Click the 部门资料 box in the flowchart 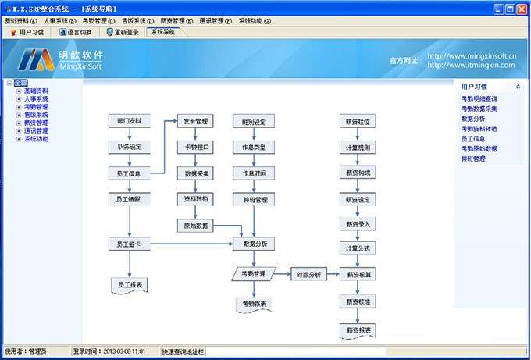(129, 122)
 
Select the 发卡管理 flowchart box (194, 122)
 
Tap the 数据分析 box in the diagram (255, 244)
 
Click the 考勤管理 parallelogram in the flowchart (253, 274)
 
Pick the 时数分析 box (306, 275)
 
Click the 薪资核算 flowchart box (358, 275)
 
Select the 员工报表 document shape (129, 284)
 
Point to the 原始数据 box (194, 225)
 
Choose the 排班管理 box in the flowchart (255, 200)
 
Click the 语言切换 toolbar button (76, 33)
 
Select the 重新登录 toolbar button (122, 33)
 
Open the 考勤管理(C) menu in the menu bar (99, 21)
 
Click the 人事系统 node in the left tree (36, 99)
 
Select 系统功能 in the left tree (36, 139)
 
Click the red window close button (521, 9)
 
